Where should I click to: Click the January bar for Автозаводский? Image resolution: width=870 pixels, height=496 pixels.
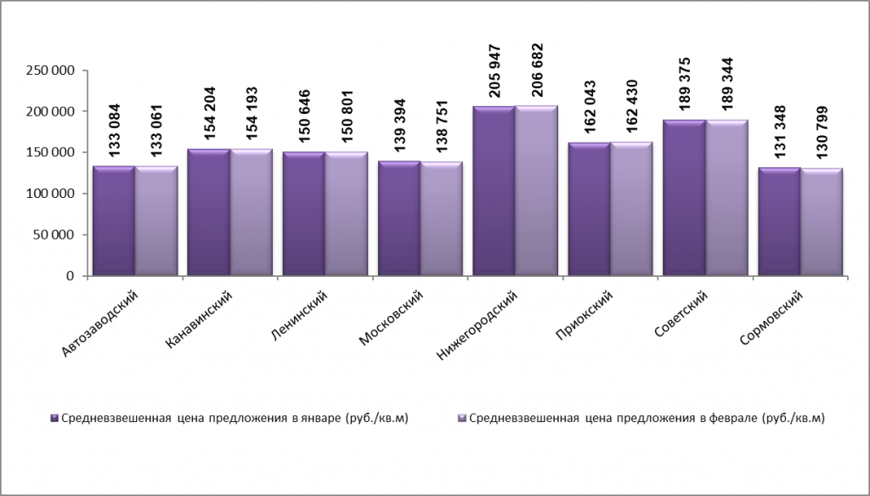coord(114,221)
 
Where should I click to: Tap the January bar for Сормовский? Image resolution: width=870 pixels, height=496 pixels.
coord(779,222)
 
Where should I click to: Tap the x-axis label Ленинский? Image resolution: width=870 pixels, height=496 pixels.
coord(297,313)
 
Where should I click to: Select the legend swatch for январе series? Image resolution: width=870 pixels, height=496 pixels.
coord(55,418)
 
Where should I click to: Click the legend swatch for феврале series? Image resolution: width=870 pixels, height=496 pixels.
coord(462,418)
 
